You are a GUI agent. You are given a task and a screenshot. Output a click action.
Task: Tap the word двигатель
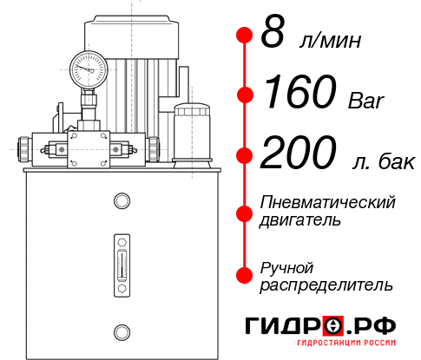(299, 220)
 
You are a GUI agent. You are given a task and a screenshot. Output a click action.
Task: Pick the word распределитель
(326, 285)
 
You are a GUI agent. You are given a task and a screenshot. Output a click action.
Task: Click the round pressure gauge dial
(89, 67)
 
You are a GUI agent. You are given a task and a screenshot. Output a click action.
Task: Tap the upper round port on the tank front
(121, 201)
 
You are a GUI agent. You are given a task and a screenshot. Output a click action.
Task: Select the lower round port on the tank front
(121, 330)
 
